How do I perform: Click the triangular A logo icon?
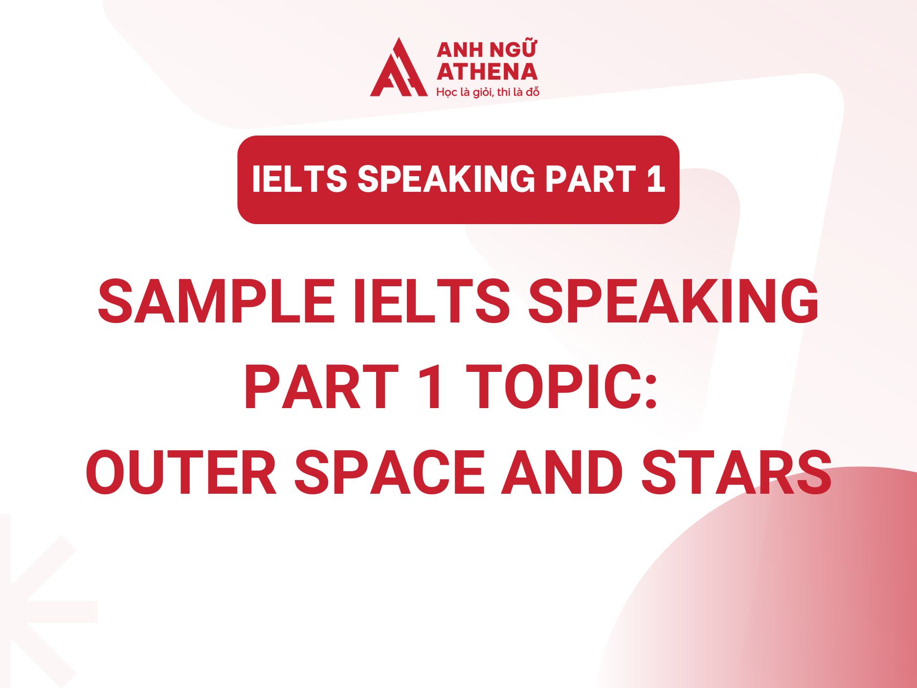click(x=397, y=69)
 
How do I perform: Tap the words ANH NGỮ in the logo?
click(x=487, y=50)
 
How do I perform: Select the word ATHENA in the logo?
click(x=487, y=72)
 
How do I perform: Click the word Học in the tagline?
click(x=446, y=92)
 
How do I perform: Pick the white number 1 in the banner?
click(x=655, y=179)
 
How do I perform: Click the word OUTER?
click(x=181, y=473)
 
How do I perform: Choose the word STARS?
click(x=737, y=473)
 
